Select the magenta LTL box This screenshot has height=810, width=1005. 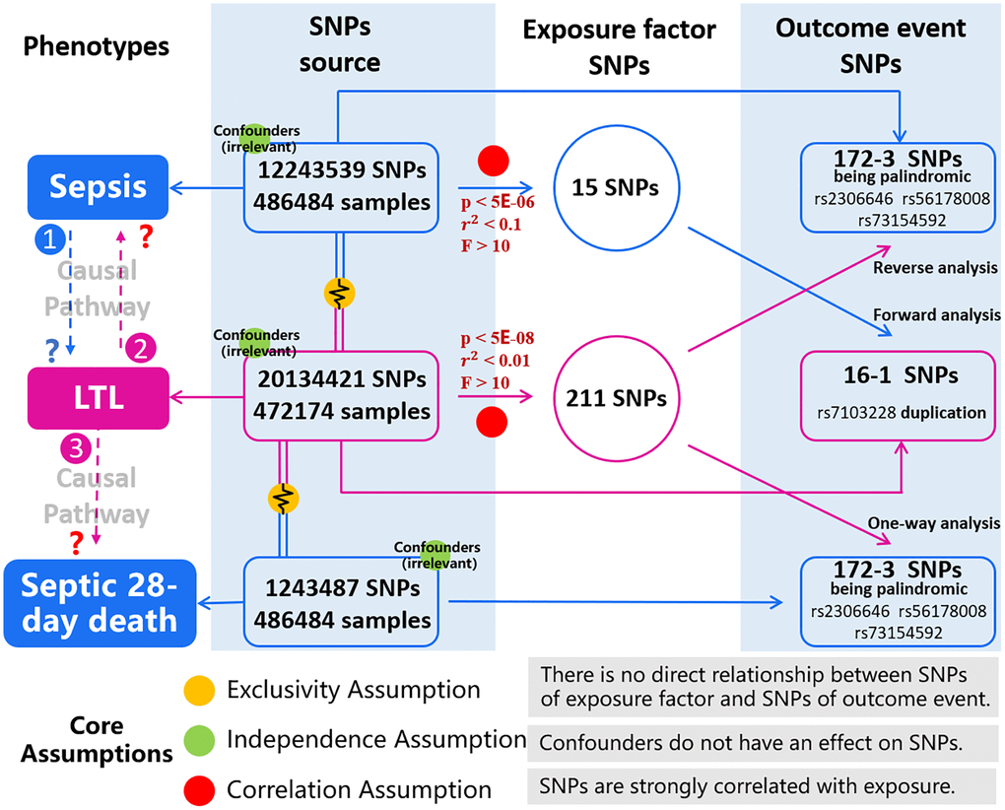pos(100,397)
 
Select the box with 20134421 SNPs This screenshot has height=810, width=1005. pos(342,393)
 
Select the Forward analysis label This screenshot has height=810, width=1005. pos(936,315)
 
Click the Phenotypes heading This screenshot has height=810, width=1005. pos(97,46)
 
